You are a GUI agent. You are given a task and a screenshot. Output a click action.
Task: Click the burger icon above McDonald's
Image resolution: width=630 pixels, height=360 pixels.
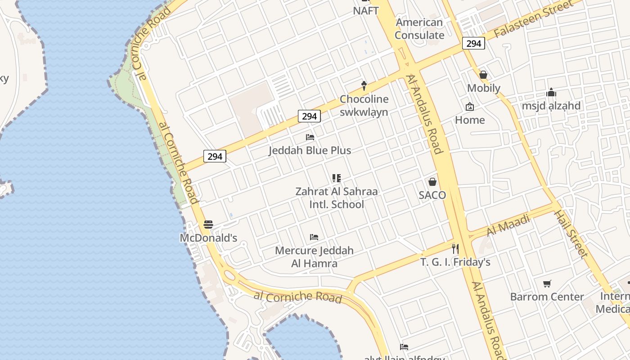coord(208,224)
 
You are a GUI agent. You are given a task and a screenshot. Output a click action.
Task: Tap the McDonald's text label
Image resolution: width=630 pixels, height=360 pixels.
coord(208,238)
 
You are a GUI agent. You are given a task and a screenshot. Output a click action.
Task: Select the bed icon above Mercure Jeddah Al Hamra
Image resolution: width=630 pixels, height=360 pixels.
coord(314,237)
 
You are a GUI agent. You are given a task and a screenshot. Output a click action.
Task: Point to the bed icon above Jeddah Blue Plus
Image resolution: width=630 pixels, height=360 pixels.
coord(310,137)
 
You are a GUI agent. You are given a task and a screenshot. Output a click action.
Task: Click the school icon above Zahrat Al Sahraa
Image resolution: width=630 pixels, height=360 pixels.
coord(336,178)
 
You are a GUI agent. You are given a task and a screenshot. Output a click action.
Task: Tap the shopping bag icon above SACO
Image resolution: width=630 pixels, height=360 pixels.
coord(432,181)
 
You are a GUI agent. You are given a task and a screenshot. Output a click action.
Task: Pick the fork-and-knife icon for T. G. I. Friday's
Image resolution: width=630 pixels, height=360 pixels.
coord(455,248)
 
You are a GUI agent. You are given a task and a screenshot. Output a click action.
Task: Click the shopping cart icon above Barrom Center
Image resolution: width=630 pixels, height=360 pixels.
coord(547,283)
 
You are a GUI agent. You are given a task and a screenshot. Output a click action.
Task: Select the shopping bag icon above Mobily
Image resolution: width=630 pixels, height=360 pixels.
coord(483,74)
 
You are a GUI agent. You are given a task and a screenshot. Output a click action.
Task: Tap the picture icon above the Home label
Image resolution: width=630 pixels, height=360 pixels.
coord(470,107)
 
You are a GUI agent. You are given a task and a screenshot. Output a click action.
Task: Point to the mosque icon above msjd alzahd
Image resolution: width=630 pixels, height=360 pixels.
coord(551,93)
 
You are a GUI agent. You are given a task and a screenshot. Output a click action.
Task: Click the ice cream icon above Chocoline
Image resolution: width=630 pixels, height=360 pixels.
coord(364,85)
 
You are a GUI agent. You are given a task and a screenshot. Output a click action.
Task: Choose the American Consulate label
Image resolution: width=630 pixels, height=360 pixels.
coord(419,29)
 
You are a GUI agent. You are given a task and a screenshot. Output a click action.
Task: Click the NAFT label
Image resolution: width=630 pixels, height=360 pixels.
coord(366,11)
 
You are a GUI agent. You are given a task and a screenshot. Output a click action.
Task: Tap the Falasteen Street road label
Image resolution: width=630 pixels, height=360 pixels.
coord(534,19)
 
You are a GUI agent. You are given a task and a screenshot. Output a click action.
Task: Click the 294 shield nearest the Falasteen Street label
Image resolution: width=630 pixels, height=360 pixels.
coord(473,43)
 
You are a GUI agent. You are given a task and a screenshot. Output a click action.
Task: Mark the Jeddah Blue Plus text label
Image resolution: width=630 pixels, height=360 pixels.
coord(310,150)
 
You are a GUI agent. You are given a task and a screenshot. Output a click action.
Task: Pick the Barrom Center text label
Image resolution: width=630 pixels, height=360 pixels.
coord(547,297)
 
